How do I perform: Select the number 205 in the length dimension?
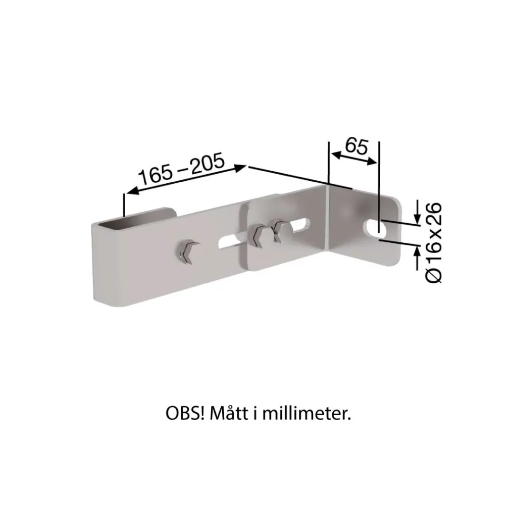point(208,163)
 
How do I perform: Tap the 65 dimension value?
point(357,146)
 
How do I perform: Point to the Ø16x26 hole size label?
point(434,243)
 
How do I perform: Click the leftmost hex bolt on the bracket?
point(186,251)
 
